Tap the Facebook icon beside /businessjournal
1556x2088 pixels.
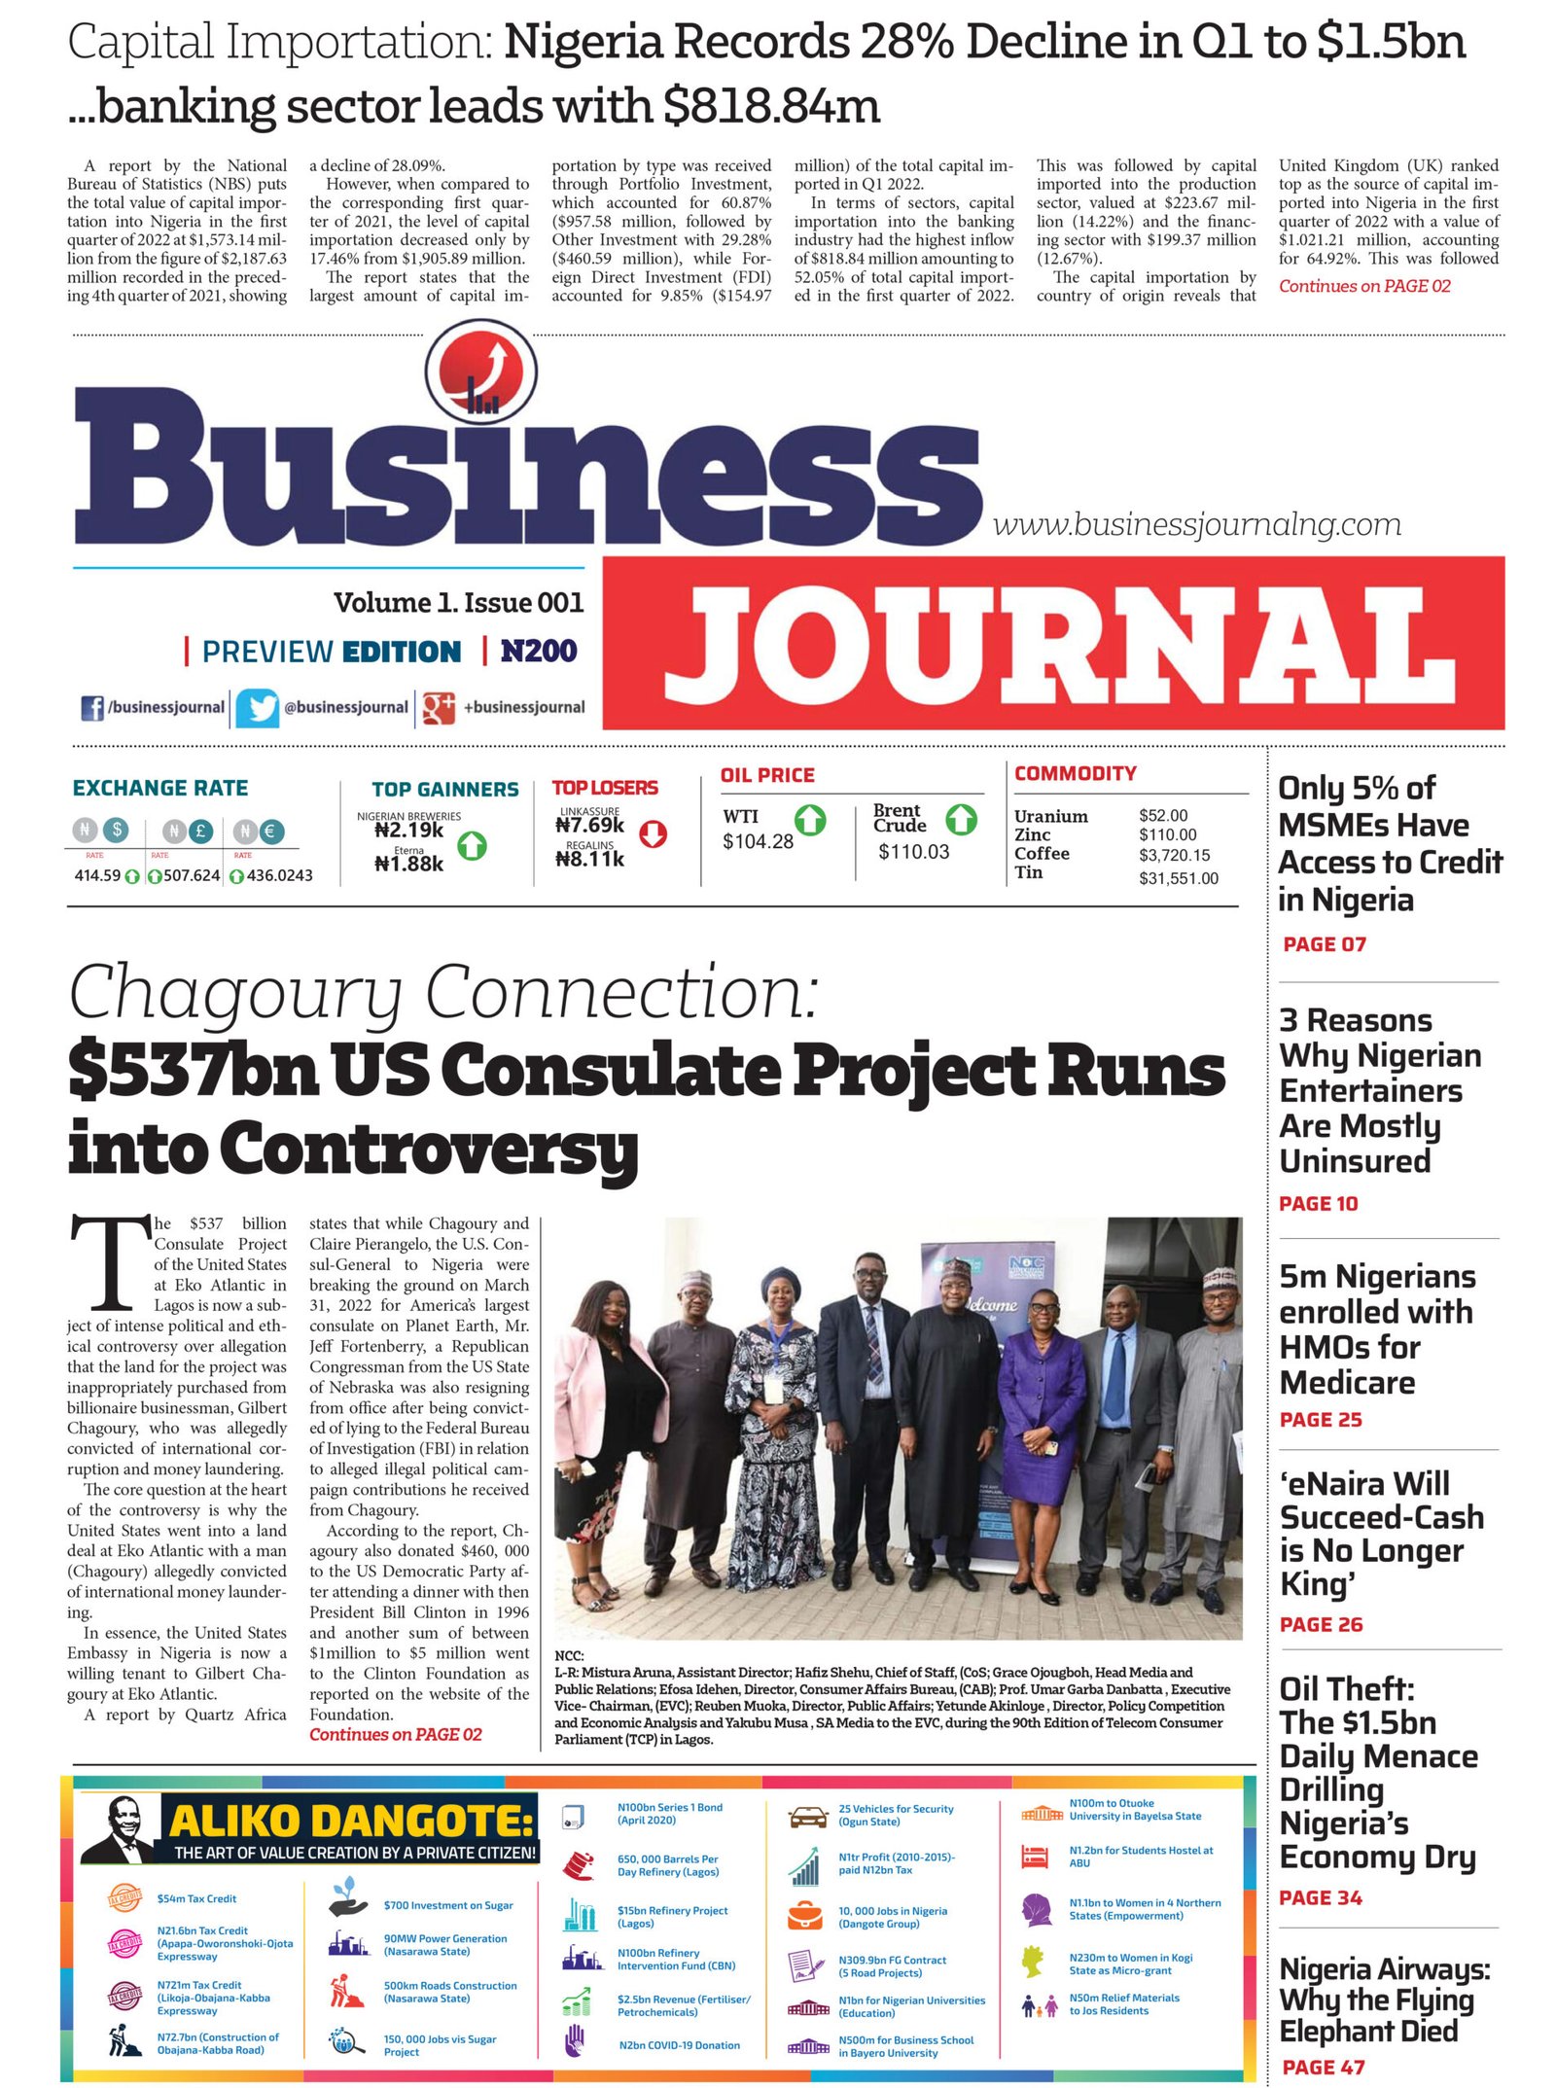coord(92,707)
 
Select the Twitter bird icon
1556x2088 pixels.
coord(258,707)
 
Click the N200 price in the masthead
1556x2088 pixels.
coord(539,651)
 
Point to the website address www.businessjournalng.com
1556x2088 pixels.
coord(1196,525)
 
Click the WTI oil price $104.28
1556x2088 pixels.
coord(758,842)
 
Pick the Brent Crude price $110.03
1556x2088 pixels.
coord(913,852)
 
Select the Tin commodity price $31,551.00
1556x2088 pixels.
coord(1179,878)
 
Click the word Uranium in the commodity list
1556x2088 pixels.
coord(1050,816)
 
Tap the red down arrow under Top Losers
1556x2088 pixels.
coord(653,833)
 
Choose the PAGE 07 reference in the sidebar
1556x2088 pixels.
coord(1325,944)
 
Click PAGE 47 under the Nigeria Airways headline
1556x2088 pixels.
coord(1324,2068)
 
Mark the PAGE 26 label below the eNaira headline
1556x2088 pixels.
coord(1322,1624)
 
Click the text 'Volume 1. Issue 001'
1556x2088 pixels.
coord(458,603)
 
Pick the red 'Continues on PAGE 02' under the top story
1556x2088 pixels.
coord(1364,286)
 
